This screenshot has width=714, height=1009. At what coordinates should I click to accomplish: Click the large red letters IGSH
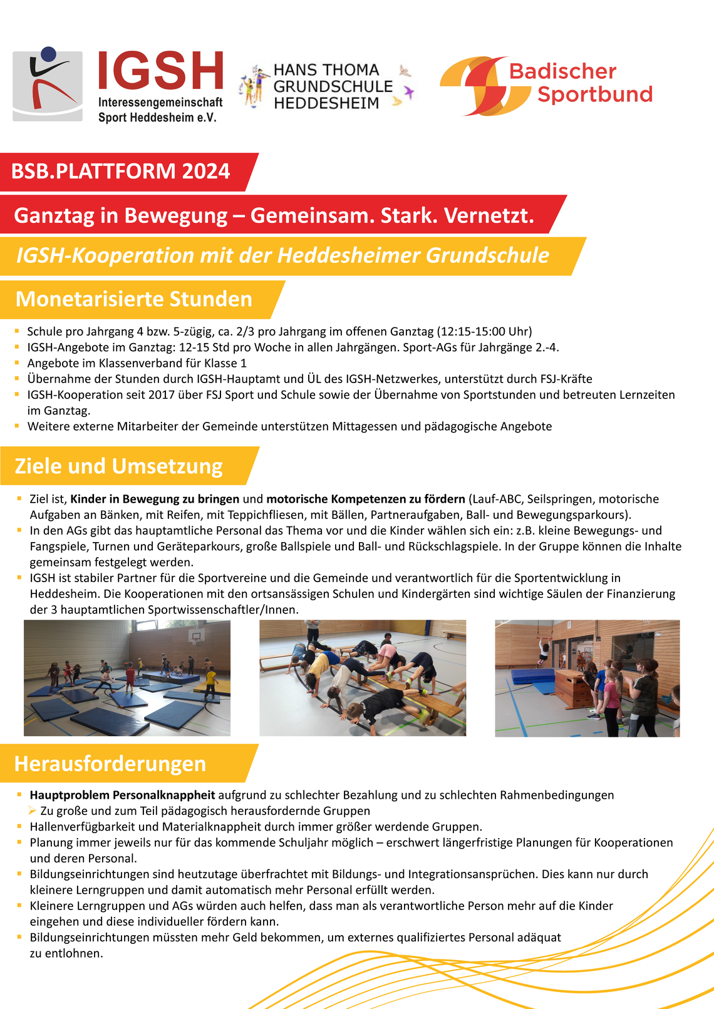click(x=161, y=71)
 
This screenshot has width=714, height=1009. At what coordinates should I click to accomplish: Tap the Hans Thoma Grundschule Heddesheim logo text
click(x=333, y=87)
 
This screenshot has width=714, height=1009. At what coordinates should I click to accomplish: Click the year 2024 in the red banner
click(x=206, y=172)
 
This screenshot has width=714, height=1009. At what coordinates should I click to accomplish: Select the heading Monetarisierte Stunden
click(x=133, y=299)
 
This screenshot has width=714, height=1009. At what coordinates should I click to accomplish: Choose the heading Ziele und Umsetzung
click(x=118, y=466)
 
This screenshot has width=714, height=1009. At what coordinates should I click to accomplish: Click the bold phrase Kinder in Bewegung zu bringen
click(x=155, y=499)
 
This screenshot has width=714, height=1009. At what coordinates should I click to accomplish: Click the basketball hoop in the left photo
click(x=197, y=635)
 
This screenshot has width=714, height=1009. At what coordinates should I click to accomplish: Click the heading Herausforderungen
click(x=110, y=764)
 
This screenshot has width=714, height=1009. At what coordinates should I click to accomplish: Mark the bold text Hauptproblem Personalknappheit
click(x=122, y=795)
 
